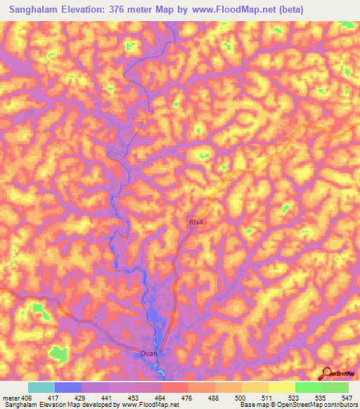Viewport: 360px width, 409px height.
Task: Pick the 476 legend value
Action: click(186, 398)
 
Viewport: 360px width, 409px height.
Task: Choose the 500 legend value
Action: click(239, 398)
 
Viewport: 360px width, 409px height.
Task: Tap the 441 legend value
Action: click(106, 398)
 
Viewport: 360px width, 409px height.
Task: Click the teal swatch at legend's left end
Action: click(41, 387)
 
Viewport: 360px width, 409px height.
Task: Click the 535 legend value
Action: click(319, 398)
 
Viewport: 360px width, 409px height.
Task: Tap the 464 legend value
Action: click(159, 398)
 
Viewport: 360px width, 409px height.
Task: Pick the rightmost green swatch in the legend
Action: click(335, 387)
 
